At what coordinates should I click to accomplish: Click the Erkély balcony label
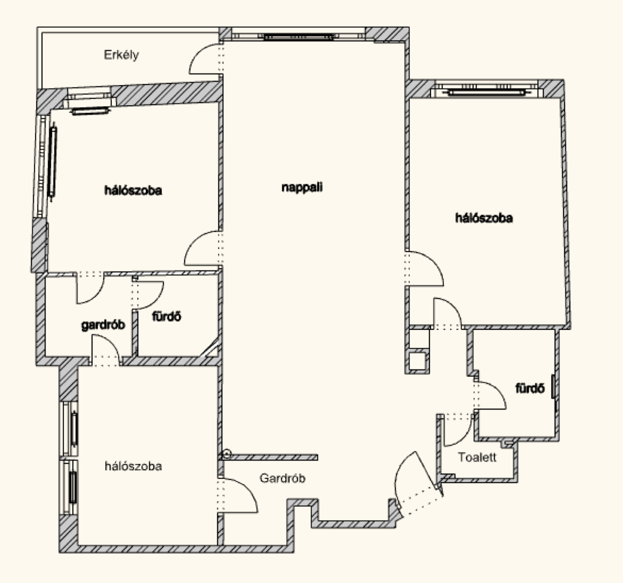coord(121,55)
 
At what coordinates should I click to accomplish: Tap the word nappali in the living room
coord(302,187)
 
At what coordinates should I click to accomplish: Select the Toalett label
coord(477,457)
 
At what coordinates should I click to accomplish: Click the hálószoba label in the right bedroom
coord(484,218)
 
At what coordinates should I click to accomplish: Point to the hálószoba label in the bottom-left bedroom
coord(133,466)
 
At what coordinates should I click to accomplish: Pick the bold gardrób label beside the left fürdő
coord(103,325)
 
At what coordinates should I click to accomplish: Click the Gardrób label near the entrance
coord(283,478)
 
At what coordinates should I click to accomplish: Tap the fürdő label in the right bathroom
coord(528,389)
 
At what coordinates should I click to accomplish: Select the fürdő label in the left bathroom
coord(167,317)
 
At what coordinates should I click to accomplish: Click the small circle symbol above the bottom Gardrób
coord(226,454)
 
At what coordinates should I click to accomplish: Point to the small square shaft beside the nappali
coord(418,360)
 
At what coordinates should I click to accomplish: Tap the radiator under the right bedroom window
coord(487,92)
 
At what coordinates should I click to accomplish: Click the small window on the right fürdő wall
coord(553,387)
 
